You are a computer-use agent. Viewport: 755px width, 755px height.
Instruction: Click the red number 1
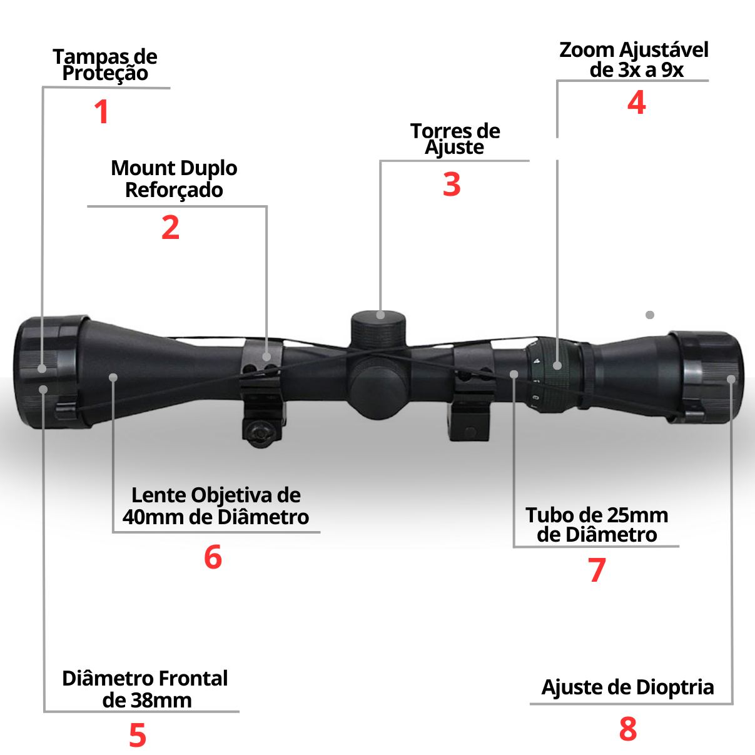(102, 112)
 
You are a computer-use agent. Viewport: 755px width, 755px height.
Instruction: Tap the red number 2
(170, 227)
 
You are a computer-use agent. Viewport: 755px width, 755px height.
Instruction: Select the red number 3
(452, 184)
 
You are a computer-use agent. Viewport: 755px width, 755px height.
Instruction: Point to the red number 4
(636, 102)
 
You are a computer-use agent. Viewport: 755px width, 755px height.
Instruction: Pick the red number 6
(213, 557)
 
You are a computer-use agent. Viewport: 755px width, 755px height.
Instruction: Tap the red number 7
(597, 570)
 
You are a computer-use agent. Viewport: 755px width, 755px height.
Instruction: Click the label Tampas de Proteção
(105, 65)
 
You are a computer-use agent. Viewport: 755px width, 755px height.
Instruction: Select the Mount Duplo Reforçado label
(174, 179)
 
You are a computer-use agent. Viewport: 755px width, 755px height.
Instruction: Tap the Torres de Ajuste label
(455, 139)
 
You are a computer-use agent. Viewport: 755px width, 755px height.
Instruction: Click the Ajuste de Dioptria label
(627, 687)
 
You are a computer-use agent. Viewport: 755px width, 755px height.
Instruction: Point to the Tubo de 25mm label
(597, 515)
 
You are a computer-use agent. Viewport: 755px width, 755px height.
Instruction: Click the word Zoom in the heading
(587, 50)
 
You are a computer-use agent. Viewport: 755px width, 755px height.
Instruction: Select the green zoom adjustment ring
(552, 375)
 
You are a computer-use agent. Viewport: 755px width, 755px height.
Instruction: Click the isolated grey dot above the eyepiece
(650, 315)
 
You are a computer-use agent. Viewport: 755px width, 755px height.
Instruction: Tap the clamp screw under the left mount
(259, 433)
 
